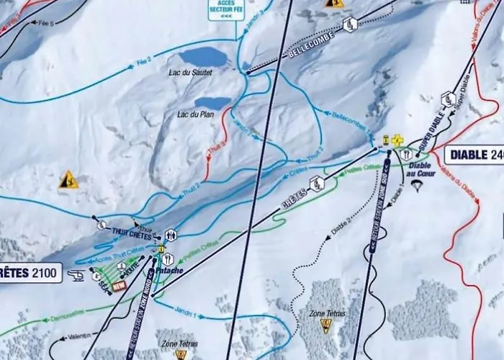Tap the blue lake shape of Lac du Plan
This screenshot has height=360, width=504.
212,104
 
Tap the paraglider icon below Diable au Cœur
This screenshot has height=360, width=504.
416,185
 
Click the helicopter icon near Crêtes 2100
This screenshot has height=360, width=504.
75,274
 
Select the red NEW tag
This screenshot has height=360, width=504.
118,285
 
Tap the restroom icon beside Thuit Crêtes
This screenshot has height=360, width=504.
171,235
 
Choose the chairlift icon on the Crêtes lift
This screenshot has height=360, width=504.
316,184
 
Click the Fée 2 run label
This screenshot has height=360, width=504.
143,60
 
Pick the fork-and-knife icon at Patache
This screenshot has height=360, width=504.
167,258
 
